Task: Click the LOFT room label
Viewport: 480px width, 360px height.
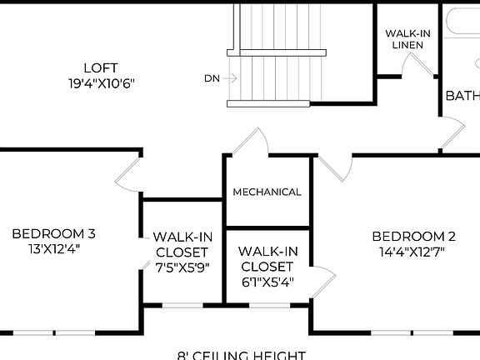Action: (101, 67)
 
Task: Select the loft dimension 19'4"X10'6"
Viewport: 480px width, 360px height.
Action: (101, 83)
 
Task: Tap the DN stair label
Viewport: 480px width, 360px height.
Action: (212, 78)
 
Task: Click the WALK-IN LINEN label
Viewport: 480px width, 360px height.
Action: (407, 38)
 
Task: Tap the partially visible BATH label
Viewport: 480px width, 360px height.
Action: (462, 96)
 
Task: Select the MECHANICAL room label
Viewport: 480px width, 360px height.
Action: (267, 192)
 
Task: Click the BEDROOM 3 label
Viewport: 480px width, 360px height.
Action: (58, 233)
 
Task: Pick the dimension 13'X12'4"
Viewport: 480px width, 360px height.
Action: (58, 248)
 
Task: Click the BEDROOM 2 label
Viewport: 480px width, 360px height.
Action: (413, 236)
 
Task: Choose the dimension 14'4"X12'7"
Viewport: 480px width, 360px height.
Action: (413, 251)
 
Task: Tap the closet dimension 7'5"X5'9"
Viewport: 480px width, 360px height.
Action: (182, 267)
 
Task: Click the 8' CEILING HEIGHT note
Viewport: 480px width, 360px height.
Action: (242, 355)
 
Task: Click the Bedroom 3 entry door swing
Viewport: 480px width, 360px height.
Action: (127, 174)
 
